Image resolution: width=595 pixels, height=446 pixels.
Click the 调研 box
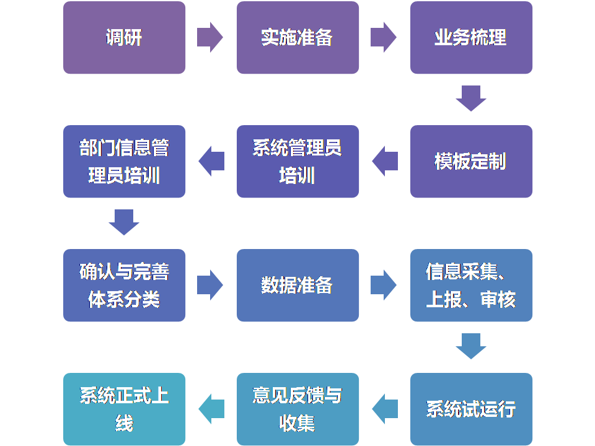tap(124, 37)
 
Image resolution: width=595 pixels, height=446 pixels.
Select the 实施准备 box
tap(297, 37)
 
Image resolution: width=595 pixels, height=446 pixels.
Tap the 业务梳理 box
tap(471, 37)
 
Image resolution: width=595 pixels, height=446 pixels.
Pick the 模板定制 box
tap(471, 161)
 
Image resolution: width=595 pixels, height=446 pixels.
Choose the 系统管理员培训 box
tap(297, 161)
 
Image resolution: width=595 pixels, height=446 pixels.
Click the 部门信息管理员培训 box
tap(124, 161)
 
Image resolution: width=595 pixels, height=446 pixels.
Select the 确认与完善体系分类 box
tap(124, 285)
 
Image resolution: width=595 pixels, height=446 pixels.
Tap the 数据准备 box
tap(297, 285)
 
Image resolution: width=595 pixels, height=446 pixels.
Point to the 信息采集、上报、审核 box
tap(471, 285)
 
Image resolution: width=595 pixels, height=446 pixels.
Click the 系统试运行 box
tap(471, 409)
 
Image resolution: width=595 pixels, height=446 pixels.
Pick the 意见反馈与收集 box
tap(297, 409)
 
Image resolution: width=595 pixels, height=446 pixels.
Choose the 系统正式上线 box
tap(124, 409)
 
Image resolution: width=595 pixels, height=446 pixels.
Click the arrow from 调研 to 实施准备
tap(210, 37)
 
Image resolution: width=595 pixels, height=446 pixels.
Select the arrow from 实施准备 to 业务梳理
tap(384, 37)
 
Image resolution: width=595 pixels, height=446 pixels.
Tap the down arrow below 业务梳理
tap(471, 98)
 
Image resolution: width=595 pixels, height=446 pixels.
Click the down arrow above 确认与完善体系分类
tap(124, 222)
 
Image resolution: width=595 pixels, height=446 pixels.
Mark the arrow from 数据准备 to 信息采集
tap(384, 285)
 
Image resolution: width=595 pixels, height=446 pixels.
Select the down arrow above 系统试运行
tap(471, 346)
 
